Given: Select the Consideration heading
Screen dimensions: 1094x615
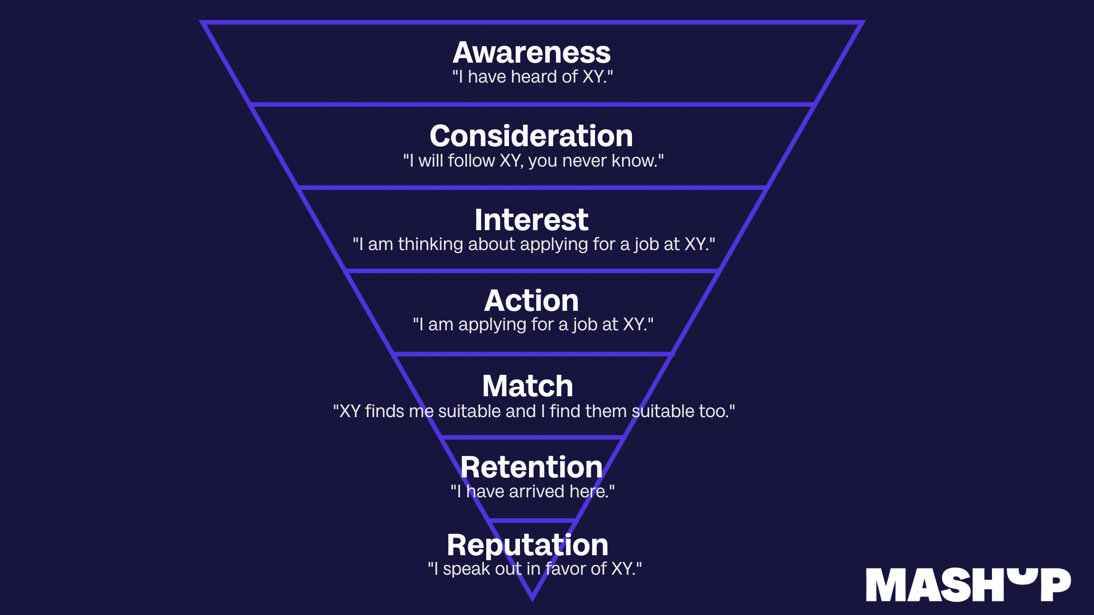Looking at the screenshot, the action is click(x=531, y=136).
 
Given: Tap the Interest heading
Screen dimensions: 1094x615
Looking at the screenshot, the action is click(x=531, y=220).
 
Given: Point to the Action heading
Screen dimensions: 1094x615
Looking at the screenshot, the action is click(x=531, y=300).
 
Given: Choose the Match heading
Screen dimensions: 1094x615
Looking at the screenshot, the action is click(x=528, y=386).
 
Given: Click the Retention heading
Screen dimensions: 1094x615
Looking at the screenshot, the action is click(x=531, y=467).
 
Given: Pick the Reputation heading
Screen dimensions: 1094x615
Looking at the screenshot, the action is click(x=528, y=545).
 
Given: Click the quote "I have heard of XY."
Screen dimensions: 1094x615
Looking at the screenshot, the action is click(x=532, y=77).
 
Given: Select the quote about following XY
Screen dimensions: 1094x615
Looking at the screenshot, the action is click(x=533, y=161).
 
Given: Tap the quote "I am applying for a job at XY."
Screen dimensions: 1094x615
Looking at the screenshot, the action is click(x=533, y=325).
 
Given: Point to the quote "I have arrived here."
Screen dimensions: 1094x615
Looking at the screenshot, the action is click(x=532, y=492).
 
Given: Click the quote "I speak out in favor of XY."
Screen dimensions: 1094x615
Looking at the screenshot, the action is click(x=535, y=568).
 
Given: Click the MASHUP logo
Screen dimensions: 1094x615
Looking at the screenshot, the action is click(x=968, y=585).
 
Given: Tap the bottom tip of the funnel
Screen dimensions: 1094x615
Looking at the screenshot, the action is click(x=532, y=600).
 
